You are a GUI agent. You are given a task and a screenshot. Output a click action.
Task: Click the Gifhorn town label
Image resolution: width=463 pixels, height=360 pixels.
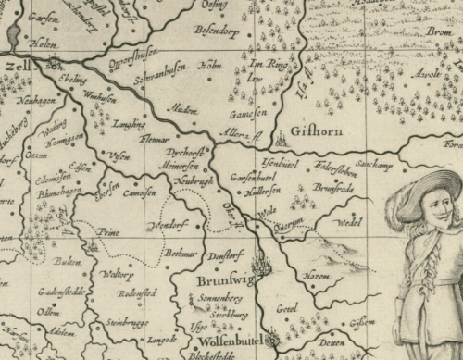click(x=316, y=131)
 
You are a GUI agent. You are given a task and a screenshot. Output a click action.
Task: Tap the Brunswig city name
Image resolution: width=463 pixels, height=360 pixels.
click(x=222, y=278)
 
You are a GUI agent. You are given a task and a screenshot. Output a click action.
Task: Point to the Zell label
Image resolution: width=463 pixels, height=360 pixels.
click(x=14, y=68)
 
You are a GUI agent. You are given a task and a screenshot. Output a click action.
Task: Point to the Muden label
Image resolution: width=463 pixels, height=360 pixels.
click(x=183, y=108)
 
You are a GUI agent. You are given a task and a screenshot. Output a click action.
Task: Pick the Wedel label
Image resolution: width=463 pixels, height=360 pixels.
click(x=350, y=223)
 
